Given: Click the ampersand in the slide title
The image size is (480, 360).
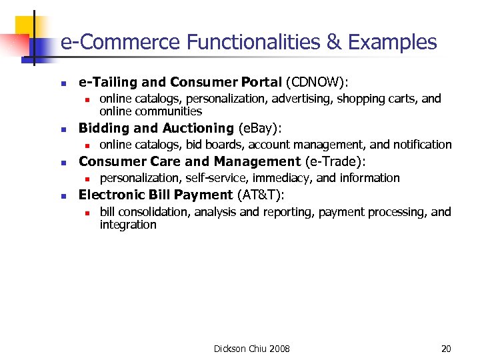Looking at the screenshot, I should pyautogui.click(x=333, y=43).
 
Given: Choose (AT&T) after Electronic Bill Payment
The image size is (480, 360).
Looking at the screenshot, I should pyautogui.click(x=261, y=195).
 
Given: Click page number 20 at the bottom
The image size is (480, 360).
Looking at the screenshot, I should pyautogui.click(x=446, y=349).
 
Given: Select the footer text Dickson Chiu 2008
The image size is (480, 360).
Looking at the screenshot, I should pyautogui.click(x=251, y=349).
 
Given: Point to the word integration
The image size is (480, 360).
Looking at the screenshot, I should pyautogui.click(x=128, y=225).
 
